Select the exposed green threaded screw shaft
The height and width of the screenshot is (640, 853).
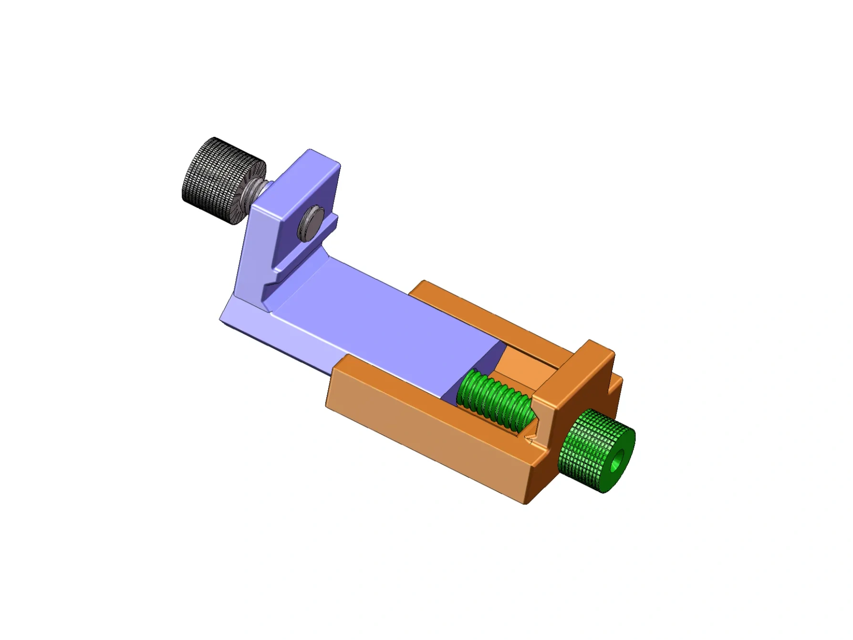pos(494,399)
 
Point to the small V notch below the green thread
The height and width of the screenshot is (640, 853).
pos(529,438)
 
